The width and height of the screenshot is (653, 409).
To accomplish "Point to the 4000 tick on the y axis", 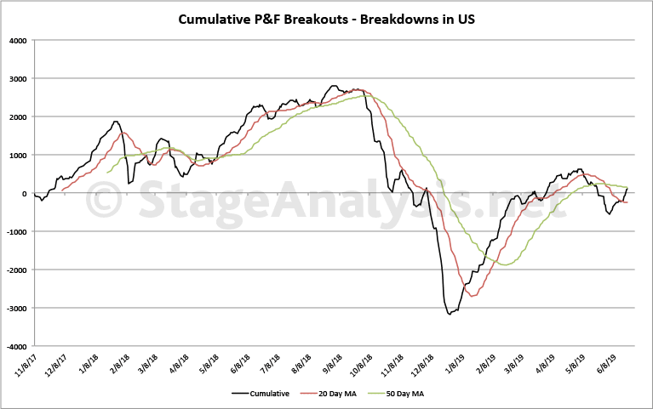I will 17,40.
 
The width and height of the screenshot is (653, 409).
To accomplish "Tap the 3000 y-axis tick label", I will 17,78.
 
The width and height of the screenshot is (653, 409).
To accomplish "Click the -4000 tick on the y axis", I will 15,347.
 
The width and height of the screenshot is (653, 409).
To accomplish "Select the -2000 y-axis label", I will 15,270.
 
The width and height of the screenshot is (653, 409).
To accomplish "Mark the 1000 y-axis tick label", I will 17,155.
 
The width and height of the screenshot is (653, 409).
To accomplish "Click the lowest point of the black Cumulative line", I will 450,314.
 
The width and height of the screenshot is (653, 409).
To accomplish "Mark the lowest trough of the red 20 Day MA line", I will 473,296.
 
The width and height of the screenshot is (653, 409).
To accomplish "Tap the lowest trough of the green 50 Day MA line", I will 506,264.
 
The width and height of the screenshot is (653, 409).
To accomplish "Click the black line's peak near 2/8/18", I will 116,122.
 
